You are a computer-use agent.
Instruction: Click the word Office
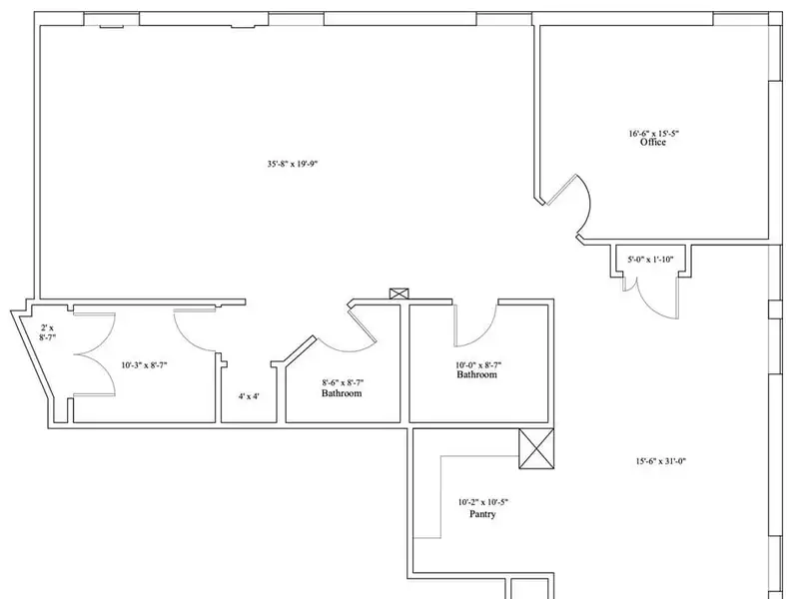tap(653, 142)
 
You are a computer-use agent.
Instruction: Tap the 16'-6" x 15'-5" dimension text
tap(654, 134)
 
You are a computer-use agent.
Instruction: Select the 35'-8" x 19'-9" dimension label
tap(293, 164)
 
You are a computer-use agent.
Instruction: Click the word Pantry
tap(482, 514)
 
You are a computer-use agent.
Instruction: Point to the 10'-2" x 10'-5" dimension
tap(483, 502)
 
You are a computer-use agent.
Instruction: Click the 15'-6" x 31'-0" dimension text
tap(661, 461)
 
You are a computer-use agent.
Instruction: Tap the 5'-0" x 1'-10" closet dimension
tap(650, 260)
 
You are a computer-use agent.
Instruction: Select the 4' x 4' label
tap(249, 395)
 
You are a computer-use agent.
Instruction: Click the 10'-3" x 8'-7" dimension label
tap(144, 364)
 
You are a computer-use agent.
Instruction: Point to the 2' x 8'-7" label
tap(47, 332)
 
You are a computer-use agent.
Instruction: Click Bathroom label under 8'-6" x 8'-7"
tap(342, 393)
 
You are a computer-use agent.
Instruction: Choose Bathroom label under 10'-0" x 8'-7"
tap(476, 374)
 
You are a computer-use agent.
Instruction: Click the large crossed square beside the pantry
tap(536, 448)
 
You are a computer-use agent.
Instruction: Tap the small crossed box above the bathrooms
tap(399, 294)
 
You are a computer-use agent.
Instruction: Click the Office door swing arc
tap(587, 204)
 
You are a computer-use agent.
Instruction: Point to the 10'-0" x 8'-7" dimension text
tap(478, 364)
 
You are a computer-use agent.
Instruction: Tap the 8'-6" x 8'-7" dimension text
tap(343, 382)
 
